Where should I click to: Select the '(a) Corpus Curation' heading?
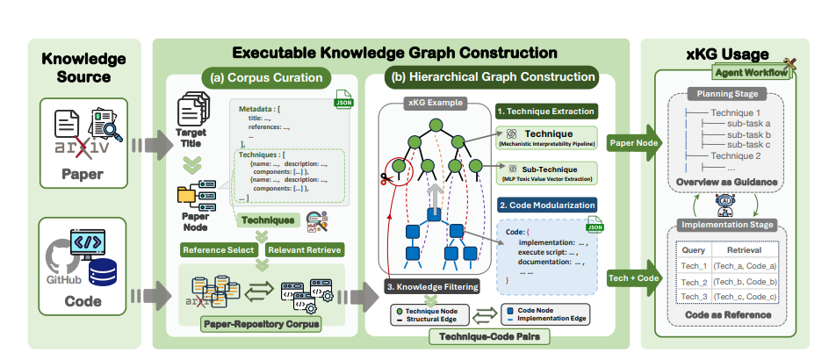coord(266,77)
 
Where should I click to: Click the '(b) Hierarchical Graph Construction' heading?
coord(493,77)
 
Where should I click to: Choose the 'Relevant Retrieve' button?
coord(303,249)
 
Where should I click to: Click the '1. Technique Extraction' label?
coord(545,112)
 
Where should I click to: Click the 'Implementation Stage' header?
coord(725,225)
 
